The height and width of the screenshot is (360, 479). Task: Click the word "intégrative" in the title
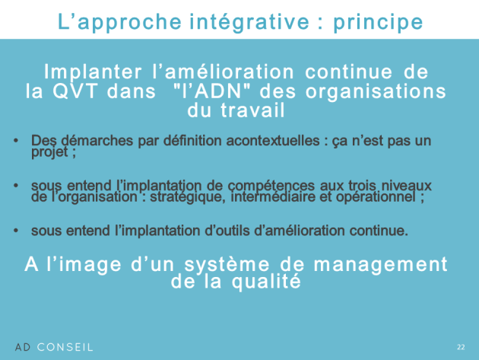point(249,22)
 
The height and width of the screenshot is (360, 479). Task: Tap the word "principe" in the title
point(378,22)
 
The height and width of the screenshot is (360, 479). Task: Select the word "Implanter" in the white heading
point(93,72)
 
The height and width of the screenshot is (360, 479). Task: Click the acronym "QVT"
point(75,91)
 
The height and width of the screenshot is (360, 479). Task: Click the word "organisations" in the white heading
point(376,92)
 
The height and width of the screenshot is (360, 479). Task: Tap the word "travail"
point(252,110)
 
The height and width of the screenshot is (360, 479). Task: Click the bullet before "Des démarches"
point(16,141)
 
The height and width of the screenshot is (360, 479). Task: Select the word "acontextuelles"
point(273,141)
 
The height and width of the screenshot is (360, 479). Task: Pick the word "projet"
point(49,152)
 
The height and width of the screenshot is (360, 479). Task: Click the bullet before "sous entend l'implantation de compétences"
point(16,186)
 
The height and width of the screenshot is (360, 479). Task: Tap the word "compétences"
point(271,186)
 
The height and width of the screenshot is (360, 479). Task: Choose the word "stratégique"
point(188,197)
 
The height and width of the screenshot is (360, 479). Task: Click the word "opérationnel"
point(376,197)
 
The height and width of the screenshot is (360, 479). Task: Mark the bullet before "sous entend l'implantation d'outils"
point(16,231)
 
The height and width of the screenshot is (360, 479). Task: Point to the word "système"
point(227,265)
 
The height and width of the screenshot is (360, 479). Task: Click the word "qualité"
point(266,282)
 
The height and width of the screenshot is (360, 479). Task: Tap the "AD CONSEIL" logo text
point(54,347)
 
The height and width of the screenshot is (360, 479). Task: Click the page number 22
point(461,347)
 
